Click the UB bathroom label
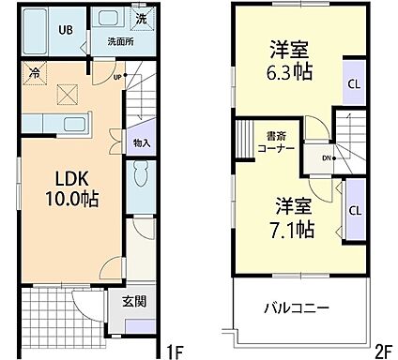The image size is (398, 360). point(67,29)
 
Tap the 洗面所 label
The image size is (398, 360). point(118,41)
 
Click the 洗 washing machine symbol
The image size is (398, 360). point(140,20)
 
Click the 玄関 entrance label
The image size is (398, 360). point(135,302)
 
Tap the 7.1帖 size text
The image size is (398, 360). point(294,229)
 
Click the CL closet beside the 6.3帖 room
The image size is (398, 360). point(353,83)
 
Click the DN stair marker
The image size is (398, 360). point(325,157)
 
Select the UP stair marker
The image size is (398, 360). point(118,77)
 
